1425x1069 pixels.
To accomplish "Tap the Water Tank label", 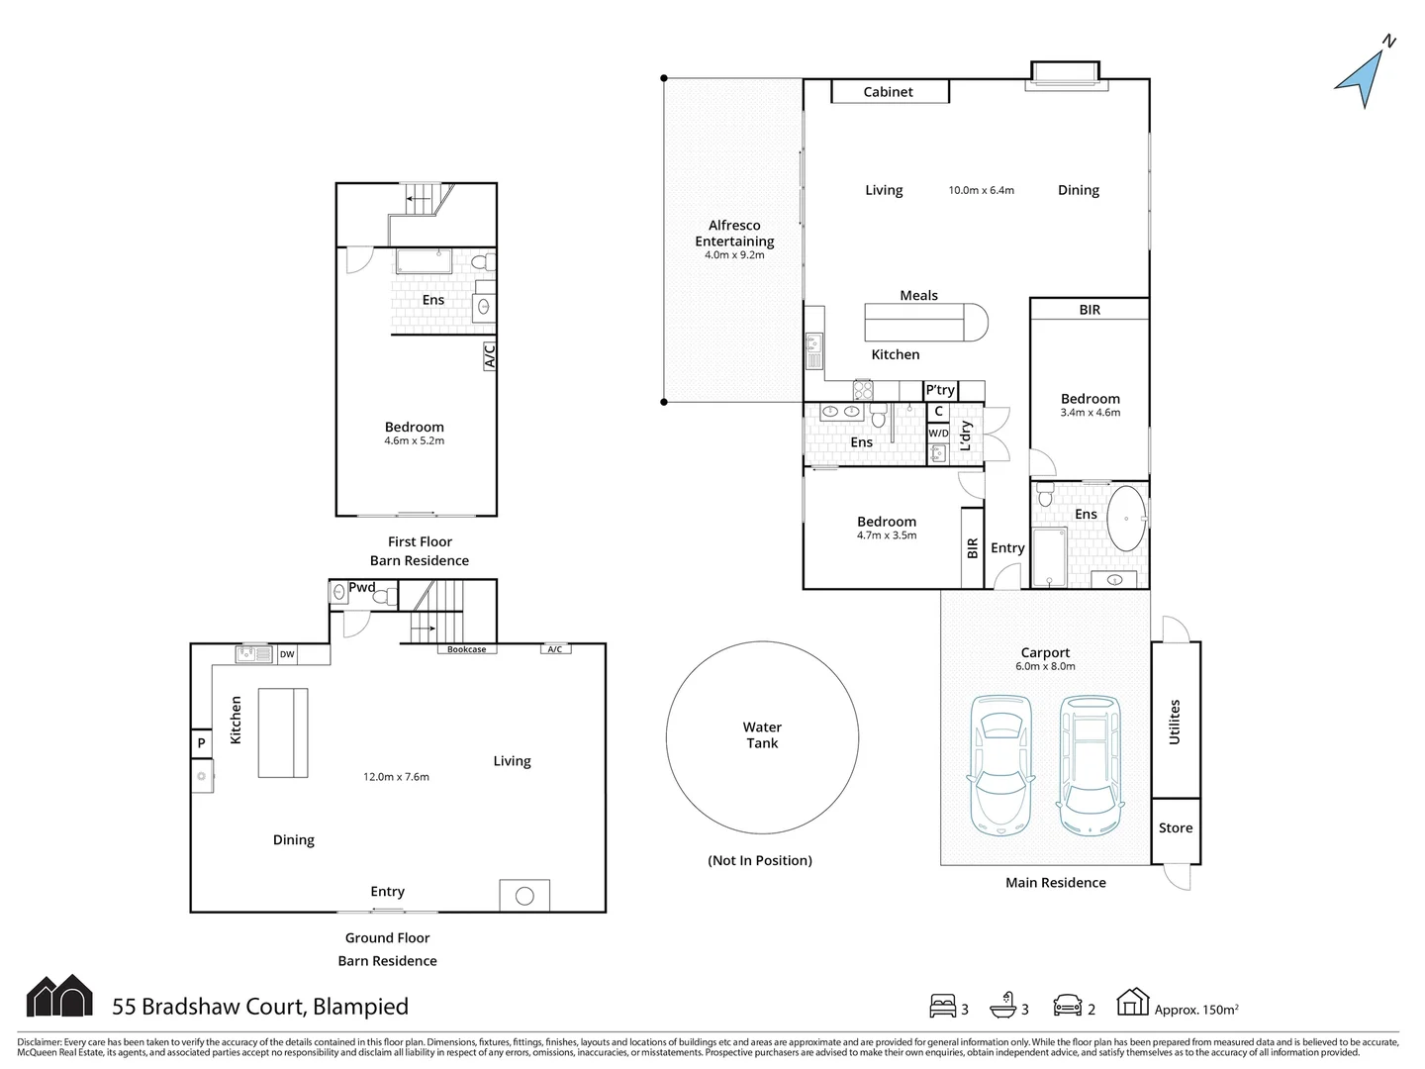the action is tap(762, 734).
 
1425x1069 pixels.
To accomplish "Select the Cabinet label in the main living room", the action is tap(888, 91).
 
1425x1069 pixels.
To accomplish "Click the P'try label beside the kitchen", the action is tap(940, 389).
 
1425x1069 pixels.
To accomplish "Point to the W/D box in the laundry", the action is tap(938, 433).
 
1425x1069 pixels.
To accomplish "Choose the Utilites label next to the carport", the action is tap(1175, 722).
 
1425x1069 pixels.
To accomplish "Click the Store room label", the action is tap(1176, 827).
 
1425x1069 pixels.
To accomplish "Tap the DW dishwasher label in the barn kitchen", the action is tap(287, 654).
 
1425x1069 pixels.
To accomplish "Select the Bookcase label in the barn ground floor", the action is tap(467, 649).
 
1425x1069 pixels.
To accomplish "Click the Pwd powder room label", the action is tap(361, 587).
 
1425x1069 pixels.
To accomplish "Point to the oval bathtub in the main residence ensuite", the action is tap(1126, 519).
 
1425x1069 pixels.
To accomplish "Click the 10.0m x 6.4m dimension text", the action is tap(981, 190).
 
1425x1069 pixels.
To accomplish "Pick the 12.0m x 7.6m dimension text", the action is tap(396, 776).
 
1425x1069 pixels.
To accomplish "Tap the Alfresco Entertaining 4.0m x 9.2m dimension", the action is tap(734, 255).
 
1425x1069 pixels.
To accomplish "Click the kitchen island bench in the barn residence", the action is tap(283, 732).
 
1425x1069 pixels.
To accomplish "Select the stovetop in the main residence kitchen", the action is tap(863, 391).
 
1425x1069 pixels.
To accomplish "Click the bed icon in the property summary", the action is tap(943, 1006).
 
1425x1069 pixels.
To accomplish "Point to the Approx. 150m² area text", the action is tap(1196, 1010).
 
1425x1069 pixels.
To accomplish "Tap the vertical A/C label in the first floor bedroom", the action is tap(490, 355).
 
